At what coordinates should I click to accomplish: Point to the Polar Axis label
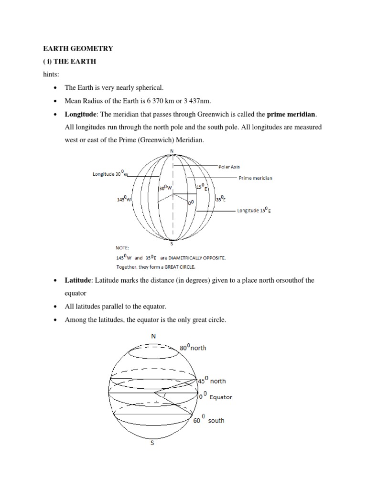[229, 167]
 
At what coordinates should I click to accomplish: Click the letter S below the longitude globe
[172, 243]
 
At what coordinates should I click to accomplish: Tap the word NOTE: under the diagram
[122, 248]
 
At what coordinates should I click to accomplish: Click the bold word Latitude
[79, 280]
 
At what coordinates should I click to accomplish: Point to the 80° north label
[193, 347]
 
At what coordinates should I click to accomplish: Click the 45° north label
[212, 381]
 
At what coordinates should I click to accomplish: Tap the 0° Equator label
[216, 396]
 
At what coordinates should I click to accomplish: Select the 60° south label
[208, 420]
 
